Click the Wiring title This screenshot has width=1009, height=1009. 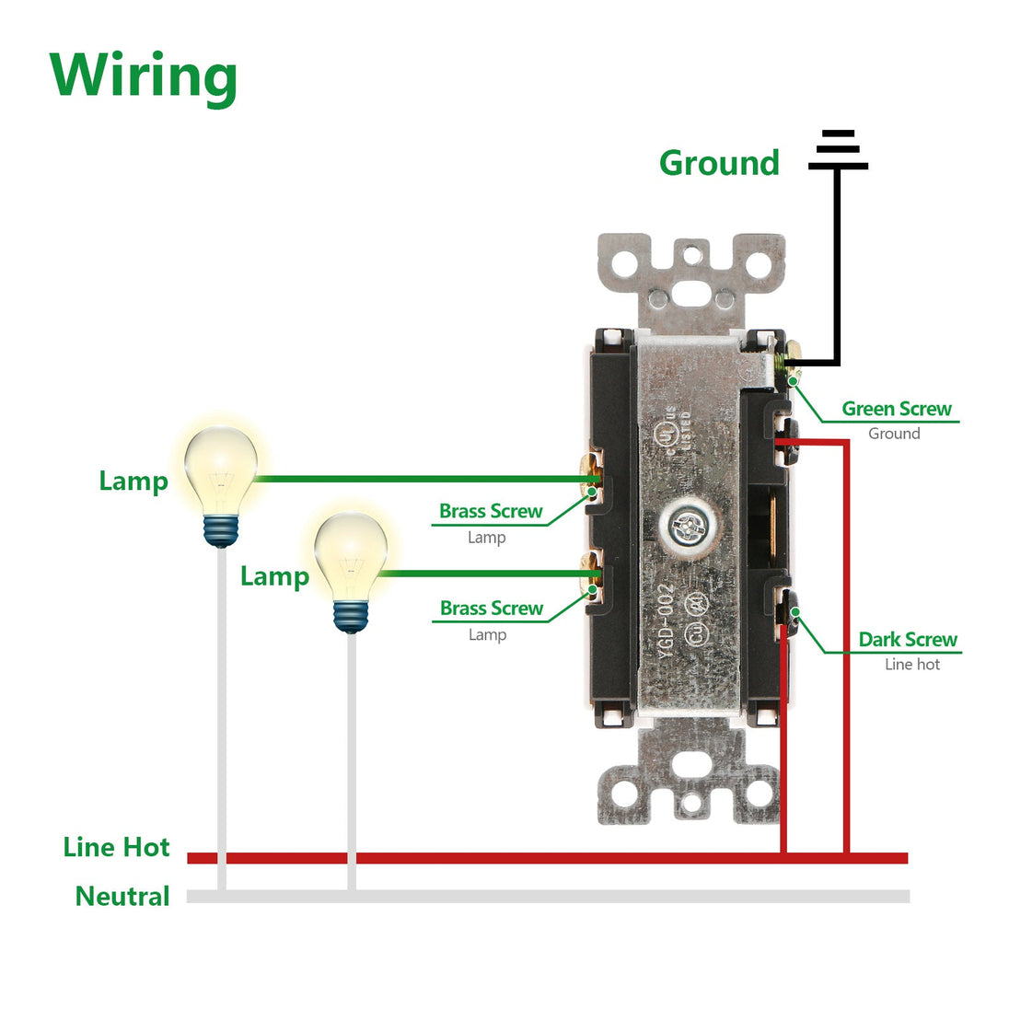click(x=144, y=75)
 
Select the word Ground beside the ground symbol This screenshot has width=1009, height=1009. click(x=719, y=163)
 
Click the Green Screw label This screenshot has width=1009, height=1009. click(x=896, y=409)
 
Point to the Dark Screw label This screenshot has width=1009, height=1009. click(x=907, y=639)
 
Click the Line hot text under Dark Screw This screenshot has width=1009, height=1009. click(x=911, y=664)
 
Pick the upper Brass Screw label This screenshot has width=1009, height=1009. click(x=491, y=511)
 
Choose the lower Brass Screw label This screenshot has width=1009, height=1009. click(x=491, y=608)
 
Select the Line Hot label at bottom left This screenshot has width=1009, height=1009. click(x=116, y=847)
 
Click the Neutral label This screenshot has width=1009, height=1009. click(x=122, y=896)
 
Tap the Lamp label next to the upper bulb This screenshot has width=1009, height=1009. click(x=133, y=481)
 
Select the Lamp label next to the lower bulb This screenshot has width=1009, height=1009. click(x=274, y=576)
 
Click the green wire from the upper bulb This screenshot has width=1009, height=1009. click(x=423, y=479)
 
